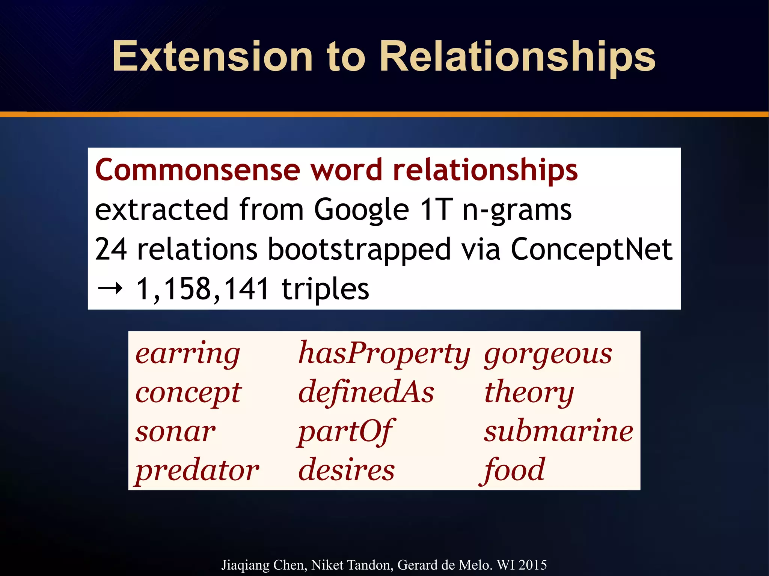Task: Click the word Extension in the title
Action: pyautogui.click(x=213, y=57)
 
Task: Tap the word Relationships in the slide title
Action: pyautogui.click(x=517, y=57)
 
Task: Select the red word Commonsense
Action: pyautogui.click(x=198, y=170)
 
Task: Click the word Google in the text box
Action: pyautogui.click(x=361, y=210)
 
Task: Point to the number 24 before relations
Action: pyautogui.click(x=111, y=249)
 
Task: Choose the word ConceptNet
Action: pyautogui.click(x=591, y=249)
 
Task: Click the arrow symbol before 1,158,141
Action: pyautogui.click(x=110, y=289)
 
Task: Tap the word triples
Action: pyautogui.click(x=325, y=289)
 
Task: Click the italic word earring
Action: pyautogui.click(x=187, y=354)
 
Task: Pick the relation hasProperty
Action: pyautogui.click(x=384, y=354)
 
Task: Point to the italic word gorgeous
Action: pyautogui.click(x=548, y=354)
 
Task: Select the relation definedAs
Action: pyautogui.click(x=366, y=392)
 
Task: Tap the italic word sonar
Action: pyautogui.click(x=175, y=432)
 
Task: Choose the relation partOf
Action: pyautogui.click(x=345, y=432)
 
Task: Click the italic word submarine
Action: pyautogui.click(x=558, y=431)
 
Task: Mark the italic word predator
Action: pyautogui.click(x=197, y=471)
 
